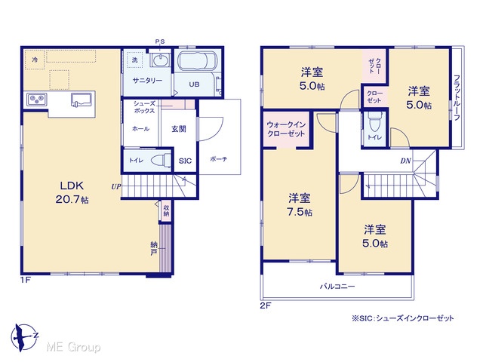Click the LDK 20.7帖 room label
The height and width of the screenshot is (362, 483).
pyautogui.click(x=72, y=193)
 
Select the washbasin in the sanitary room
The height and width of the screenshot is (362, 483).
pyautogui.click(x=160, y=60)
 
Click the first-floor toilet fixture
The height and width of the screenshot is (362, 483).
pyautogui.click(x=161, y=161)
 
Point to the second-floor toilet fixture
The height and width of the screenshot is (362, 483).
pyautogui.click(x=374, y=121)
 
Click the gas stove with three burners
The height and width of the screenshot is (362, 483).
pyautogui.click(x=37, y=99)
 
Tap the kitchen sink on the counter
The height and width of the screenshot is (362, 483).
pyautogui.click(x=82, y=100)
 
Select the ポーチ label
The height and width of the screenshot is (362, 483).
pyautogui.click(x=218, y=159)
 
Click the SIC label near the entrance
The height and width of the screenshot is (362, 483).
pyautogui.click(x=185, y=161)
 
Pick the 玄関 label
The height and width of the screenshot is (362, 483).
pyautogui.click(x=179, y=129)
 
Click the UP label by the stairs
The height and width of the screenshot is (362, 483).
pyautogui.click(x=116, y=186)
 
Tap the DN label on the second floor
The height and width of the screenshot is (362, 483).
pyautogui.click(x=405, y=161)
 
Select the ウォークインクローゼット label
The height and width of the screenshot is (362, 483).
pyautogui.click(x=286, y=129)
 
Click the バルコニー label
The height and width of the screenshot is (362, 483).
pyautogui.click(x=337, y=287)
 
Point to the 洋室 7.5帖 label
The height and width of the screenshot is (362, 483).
pyautogui.click(x=300, y=205)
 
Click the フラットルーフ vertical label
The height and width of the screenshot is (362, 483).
pyautogui.click(x=457, y=97)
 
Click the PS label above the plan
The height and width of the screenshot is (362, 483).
pyautogui.click(x=160, y=41)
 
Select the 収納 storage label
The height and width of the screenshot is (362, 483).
pyautogui.click(x=166, y=210)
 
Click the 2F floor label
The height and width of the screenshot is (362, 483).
pyautogui.click(x=266, y=305)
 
